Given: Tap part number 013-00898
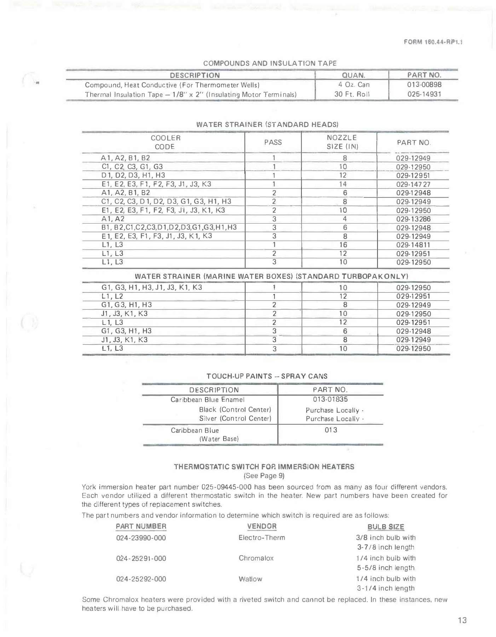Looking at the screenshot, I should pos(424,85).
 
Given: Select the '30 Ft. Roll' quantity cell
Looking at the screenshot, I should pos(352,94).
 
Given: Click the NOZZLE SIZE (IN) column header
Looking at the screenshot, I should pos(342,142).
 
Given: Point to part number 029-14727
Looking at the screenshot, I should pos(413,184).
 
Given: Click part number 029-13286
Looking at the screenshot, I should pos(413,219).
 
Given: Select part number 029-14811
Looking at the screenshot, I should pos(413,245).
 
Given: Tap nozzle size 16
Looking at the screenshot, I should pos(343,245).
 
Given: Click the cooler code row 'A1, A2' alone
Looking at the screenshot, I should pos(113,219).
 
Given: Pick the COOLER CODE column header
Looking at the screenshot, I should pos(165,142).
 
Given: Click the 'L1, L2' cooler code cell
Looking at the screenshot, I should pos(112,296).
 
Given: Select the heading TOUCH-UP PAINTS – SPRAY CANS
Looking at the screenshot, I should pos(267,376).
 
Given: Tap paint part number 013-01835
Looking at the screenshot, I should pos(330,399).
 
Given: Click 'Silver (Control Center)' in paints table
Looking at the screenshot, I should pos(235,419).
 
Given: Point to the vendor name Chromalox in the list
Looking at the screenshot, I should pos(256,558).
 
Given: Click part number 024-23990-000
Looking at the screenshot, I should pos(141,538).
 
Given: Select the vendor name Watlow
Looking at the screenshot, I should pos(250,579).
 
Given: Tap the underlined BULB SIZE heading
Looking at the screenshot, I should pos(385,527).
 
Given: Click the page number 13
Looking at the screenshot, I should pos(462,620).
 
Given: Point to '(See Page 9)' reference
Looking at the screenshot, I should pos(264,476).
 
